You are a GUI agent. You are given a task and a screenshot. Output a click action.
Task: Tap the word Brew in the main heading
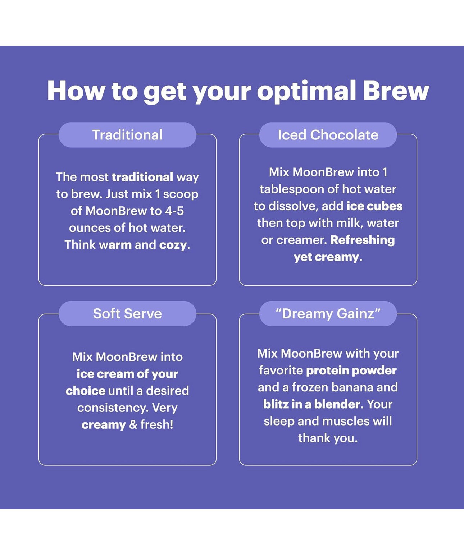396,91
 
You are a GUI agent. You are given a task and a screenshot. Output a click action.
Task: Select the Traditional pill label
127,135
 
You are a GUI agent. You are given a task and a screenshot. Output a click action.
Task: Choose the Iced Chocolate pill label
328,135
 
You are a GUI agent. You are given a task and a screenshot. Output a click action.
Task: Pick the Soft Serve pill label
127,313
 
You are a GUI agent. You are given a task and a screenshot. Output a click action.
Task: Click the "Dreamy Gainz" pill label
328,313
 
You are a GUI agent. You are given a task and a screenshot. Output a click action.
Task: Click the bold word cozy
173,245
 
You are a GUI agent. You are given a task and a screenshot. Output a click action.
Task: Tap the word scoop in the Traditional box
181,194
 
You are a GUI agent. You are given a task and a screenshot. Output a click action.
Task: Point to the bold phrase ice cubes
374,206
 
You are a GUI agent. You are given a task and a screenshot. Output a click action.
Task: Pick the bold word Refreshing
363,240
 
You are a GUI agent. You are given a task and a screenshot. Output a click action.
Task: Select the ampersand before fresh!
133,425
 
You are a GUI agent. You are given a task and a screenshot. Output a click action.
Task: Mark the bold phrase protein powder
351,371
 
